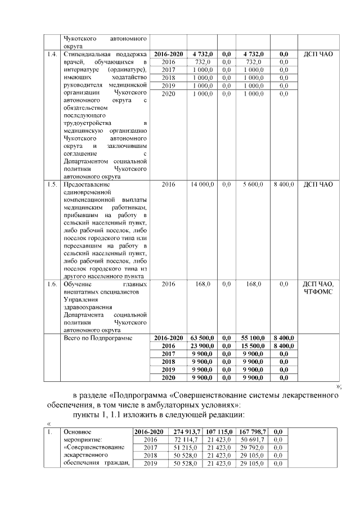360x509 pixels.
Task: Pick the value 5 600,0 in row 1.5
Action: point(253,184)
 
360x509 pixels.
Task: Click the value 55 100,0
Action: point(253,337)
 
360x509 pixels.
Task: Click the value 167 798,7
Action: point(253,431)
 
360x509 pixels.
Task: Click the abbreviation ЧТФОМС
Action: point(318,292)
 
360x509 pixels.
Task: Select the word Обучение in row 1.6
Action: point(78,285)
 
